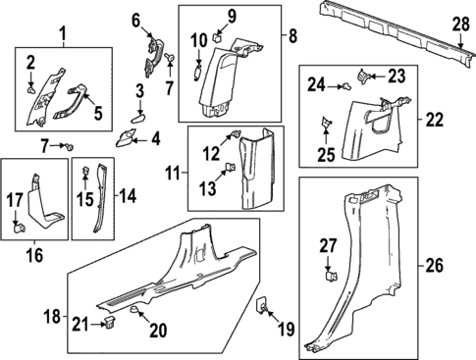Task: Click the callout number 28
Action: pyautogui.click(x=461, y=25)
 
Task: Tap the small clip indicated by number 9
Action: pyautogui.click(x=217, y=37)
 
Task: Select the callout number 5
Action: pyautogui.click(x=98, y=112)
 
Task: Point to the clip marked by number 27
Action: pyautogui.click(x=331, y=276)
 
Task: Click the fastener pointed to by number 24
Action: pyautogui.click(x=346, y=86)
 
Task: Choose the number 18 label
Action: pyautogui.click(x=52, y=316)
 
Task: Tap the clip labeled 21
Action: pyautogui.click(x=109, y=322)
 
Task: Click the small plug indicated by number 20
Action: pyautogui.click(x=134, y=309)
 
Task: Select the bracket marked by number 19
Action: pyautogui.click(x=261, y=305)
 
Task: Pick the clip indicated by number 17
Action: pyautogui.click(x=19, y=227)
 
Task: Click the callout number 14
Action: pyautogui.click(x=128, y=195)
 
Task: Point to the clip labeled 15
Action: pyautogui.click(x=85, y=170)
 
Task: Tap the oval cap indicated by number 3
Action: pyautogui.click(x=137, y=118)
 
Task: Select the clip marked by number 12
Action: pyautogui.click(x=236, y=133)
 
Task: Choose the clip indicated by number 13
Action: pyautogui.click(x=232, y=167)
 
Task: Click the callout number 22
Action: pyautogui.click(x=434, y=120)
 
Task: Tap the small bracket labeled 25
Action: pyautogui.click(x=326, y=123)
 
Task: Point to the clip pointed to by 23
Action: pyautogui.click(x=363, y=77)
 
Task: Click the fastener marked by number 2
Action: pyautogui.click(x=31, y=89)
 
